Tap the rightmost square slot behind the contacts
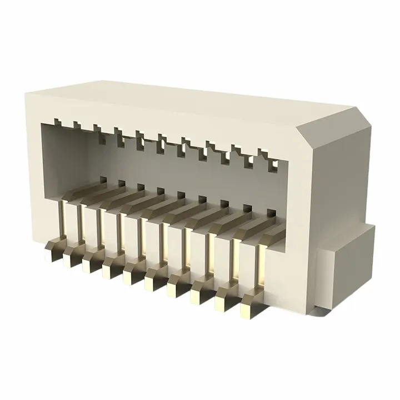tap(271, 213)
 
